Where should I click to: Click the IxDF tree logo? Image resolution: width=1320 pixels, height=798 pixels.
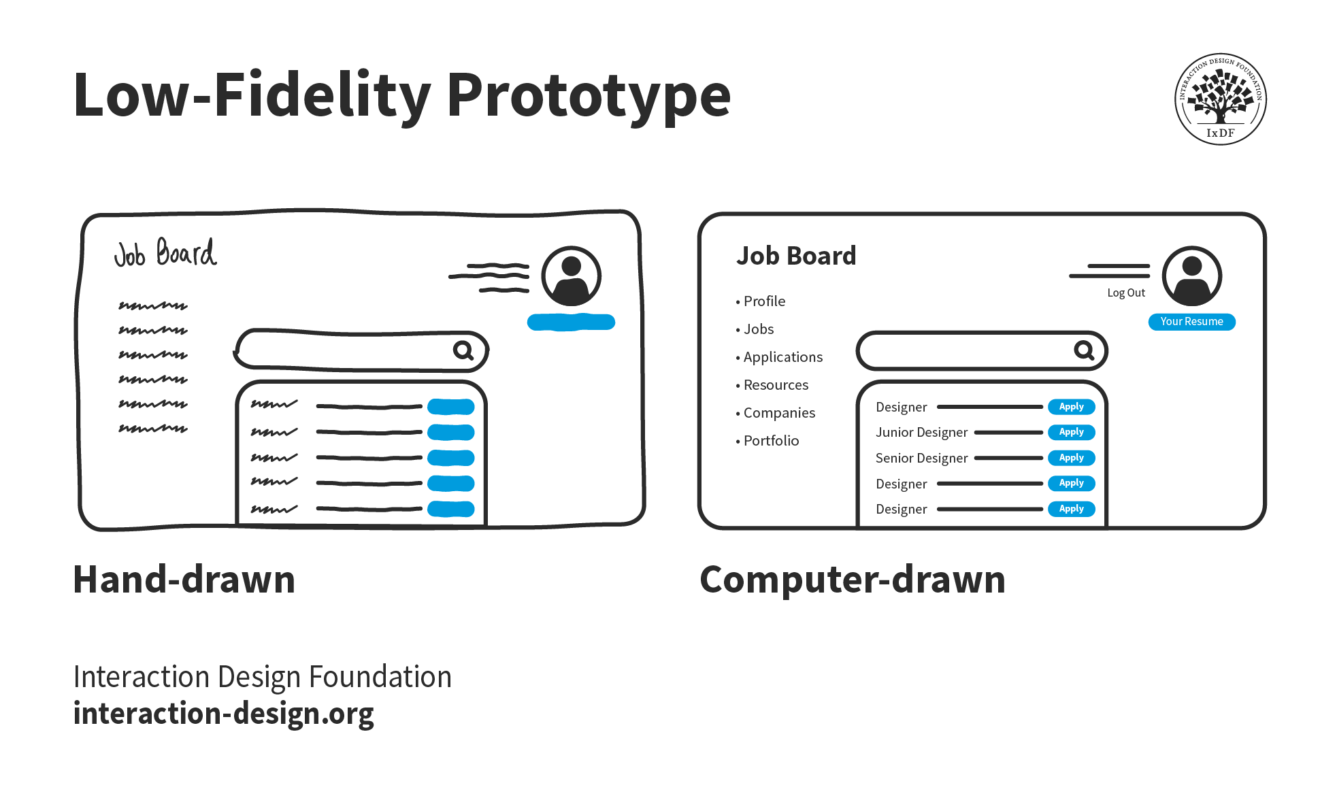[x=1220, y=99]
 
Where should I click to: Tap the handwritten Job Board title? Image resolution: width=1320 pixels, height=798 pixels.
[x=165, y=253]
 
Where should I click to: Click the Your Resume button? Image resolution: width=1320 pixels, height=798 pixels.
[x=1191, y=322]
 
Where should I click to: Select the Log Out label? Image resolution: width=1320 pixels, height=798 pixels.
[x=1125, y=293]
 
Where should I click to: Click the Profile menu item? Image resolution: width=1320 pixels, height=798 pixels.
[x=763, y=301]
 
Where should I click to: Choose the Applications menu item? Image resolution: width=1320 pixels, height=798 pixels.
[x=782, y=357]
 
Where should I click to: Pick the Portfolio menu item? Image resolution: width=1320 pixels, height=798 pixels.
[x=770, y=441]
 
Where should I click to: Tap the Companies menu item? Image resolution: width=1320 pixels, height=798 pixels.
[x=778, y=413]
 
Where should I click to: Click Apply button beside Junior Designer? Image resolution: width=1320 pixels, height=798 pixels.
[x=1071, y=432]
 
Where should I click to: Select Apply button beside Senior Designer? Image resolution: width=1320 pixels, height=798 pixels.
[x=1071, y=458]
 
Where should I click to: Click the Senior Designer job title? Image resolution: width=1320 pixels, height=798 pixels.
[x=921, y=459]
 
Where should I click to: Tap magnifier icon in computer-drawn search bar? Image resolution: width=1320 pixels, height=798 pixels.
[x=1084, y=350]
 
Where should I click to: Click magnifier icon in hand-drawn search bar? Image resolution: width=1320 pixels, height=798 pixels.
[x=463, y=350]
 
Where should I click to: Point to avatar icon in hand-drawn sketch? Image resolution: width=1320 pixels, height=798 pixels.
[x=571, y=276]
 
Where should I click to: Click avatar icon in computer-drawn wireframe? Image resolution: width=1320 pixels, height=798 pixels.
[x=1191, y=276]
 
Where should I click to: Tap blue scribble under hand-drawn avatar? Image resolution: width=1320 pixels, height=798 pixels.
[x=571, y=322]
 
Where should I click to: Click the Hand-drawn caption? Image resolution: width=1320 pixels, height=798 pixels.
[x=184, y=580]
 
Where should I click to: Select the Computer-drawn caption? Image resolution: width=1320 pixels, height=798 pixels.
[x=852, y=580]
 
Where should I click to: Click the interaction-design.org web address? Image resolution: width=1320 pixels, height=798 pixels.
[x=223, y=714]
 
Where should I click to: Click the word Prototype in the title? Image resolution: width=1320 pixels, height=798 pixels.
[x=588, y=95]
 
